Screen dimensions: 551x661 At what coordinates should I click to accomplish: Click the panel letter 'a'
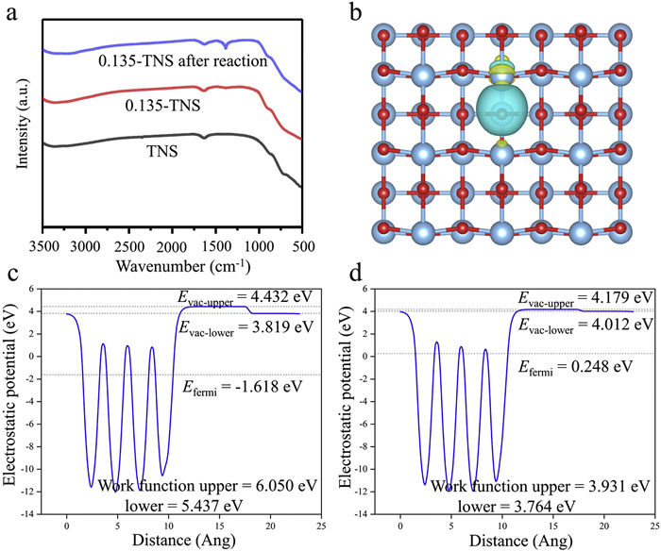[12, 14]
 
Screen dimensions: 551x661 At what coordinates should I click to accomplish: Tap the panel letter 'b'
[356, 14]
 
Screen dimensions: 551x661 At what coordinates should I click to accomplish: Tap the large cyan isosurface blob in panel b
[503, 115]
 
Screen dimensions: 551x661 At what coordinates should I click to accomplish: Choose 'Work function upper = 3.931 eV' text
[541, 486]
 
